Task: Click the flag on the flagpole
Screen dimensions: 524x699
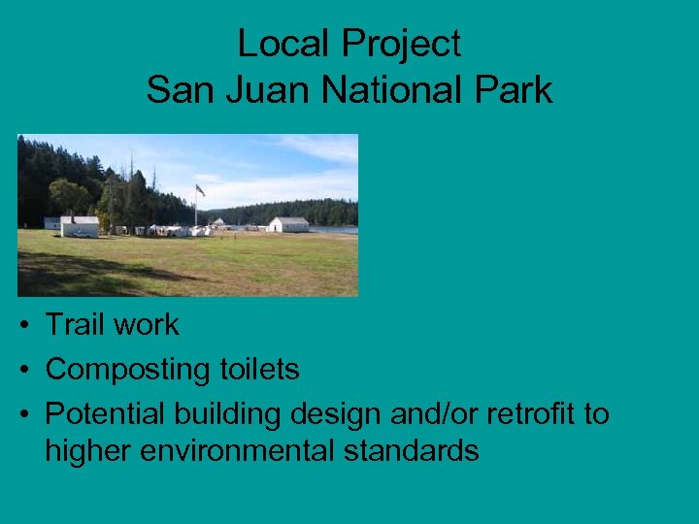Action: [x=200, y=190]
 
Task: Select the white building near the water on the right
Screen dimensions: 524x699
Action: [x=288, y=224]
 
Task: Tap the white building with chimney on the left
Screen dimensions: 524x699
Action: [x=80, y=226]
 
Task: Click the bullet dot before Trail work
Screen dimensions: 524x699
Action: [x=22, y=326]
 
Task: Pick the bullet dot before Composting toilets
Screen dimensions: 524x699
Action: [x=22, y=371]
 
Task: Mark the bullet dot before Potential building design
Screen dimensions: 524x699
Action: [x=22, y=415]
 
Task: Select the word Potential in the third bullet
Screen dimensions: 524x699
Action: [x=106, y=414]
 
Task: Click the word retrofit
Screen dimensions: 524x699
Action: [x=531, y=414]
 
